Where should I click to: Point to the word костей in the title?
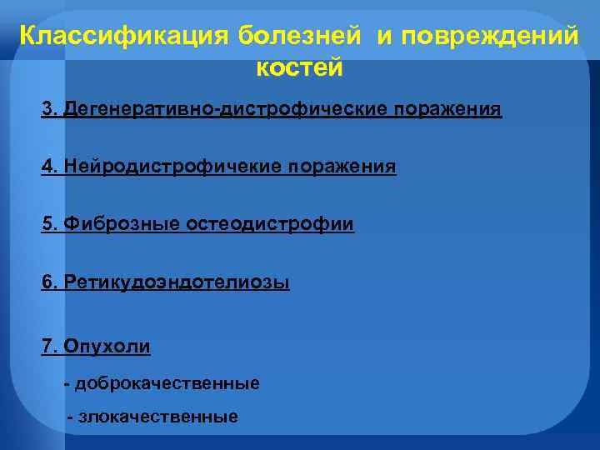(299, 67)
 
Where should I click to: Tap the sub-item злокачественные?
(158, 417)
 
